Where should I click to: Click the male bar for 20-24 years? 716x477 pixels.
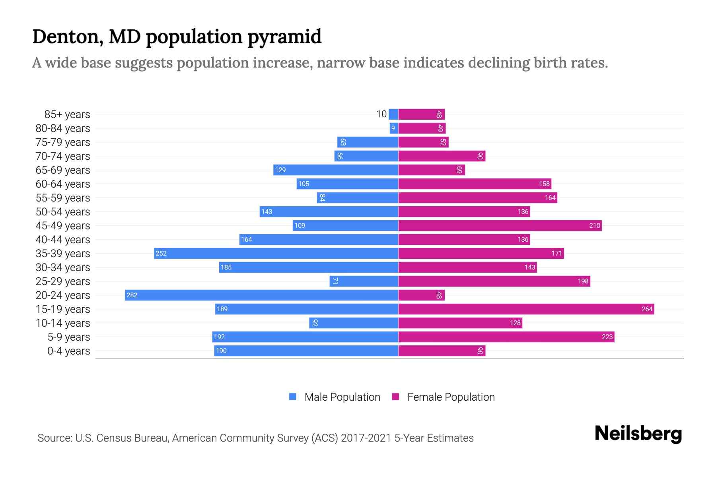point(261,295)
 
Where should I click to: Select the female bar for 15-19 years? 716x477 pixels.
point(526,309)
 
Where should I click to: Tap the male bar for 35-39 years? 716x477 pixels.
point(276,253)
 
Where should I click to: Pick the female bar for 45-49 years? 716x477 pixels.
point(500,225)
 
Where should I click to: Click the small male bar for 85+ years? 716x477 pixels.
point(393,114)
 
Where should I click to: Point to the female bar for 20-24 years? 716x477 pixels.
point(421,295)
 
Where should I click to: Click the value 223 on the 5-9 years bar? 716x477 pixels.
point(607,337)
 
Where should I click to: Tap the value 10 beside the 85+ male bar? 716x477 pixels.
point(381,114)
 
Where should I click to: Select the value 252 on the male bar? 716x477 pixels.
point(161,253)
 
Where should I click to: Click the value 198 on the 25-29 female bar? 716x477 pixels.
point(583,281)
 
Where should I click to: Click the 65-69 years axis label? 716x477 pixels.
point(63,170)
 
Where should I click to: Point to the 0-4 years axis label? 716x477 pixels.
point(68,351)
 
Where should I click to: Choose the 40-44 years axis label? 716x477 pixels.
point(63,239)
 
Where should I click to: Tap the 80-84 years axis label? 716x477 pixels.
point(63,128)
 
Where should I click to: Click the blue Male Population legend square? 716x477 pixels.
point(293,397)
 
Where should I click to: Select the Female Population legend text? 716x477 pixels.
point(451,397)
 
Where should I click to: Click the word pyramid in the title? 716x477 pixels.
point(284,37)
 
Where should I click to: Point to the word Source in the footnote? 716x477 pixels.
point(54,438)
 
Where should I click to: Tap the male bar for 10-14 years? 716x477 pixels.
point(354,323)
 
